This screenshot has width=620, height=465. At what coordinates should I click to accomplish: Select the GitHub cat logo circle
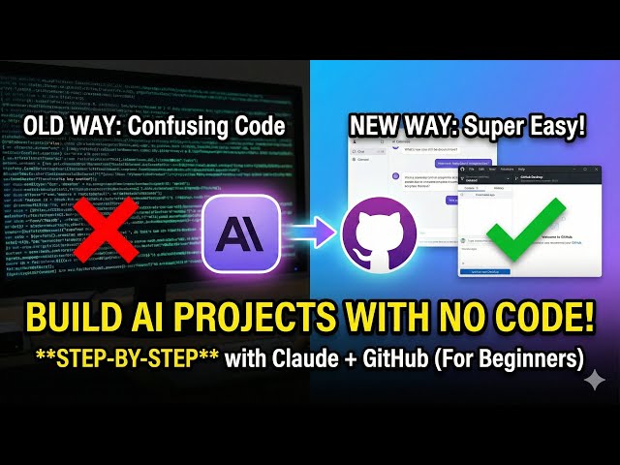380,232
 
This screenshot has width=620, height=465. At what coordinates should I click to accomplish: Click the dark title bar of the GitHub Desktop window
542,170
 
